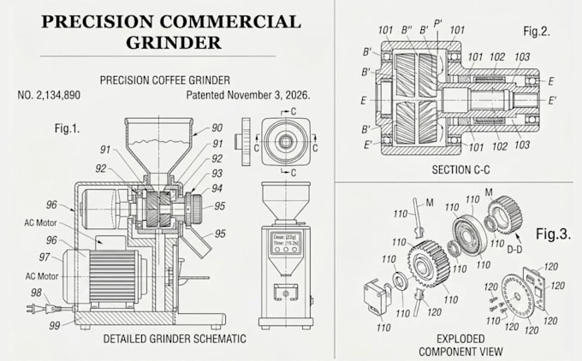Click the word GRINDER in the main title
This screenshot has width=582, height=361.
(x=174, y=42)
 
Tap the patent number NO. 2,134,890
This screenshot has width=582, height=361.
(x=49, y=95)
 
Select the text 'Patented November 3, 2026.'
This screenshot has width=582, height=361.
(x=248, y=95)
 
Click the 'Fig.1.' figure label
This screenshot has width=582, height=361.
(x=67, y=128)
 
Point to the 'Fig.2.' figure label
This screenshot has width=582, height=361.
(x=537, y=31)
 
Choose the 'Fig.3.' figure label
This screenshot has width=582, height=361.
(x=553, y=234)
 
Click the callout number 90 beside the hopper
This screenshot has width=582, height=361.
(x=217, y=128)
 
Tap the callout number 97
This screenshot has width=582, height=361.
(x=45, y=257)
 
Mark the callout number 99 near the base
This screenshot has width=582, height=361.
(x=55, y=326)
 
